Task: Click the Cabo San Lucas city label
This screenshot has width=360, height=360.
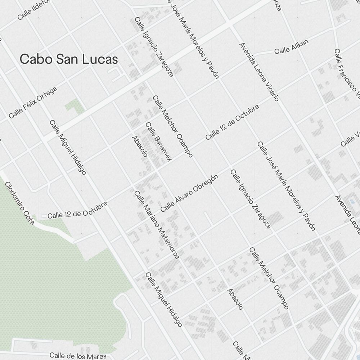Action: [x=69, y=59]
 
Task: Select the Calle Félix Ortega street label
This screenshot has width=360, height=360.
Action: [x=33, y=103]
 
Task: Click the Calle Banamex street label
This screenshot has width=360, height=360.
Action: [x=158, y=141]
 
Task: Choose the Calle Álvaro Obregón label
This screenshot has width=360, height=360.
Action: [x=190, y=193]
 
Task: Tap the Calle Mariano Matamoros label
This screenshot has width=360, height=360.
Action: [x=156, y=225]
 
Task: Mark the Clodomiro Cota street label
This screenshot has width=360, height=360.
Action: [x=19, y=203]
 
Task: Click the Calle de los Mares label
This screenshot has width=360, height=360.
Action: [x=78, y=356]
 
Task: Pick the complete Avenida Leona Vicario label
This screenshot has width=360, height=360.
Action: [x=259, y=72]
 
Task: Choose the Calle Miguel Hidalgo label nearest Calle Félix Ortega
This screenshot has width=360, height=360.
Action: [x=68, y=147]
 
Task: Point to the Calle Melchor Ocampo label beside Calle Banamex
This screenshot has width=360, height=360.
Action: [x=173, y=126]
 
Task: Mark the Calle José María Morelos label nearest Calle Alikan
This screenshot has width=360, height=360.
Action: [x=194, y=40]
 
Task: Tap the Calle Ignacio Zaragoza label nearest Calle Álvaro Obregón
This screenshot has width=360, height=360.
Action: [x=250, y=199]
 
